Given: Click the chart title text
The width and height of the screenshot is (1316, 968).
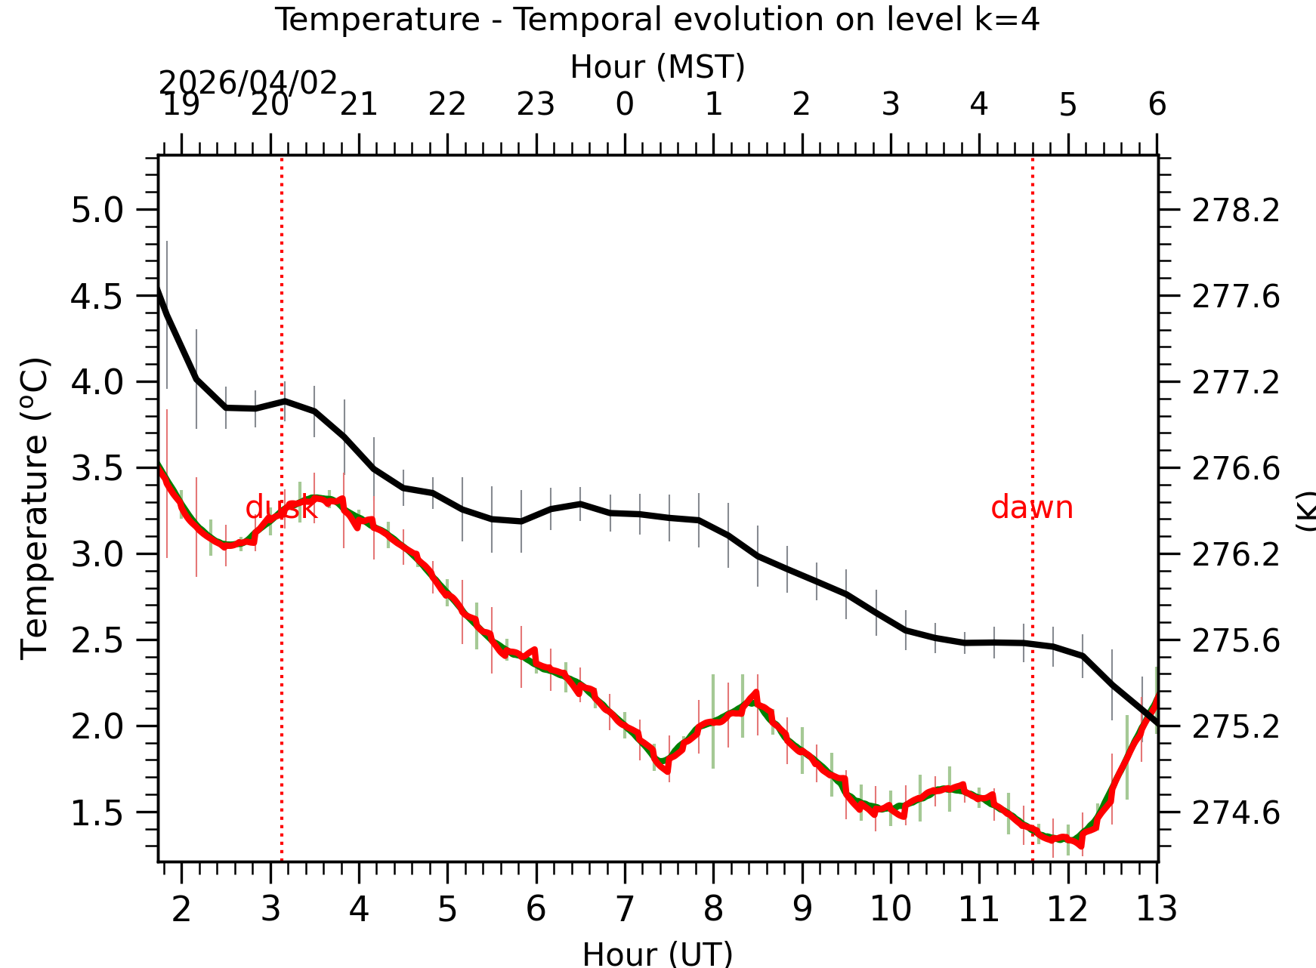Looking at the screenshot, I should pyautogui.click(x=656, y=20).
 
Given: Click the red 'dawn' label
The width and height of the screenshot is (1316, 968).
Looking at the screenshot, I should pyautogui.click(x=1031, y=507).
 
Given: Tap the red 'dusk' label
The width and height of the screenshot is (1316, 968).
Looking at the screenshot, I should pyautogui.click(x=281, y=507).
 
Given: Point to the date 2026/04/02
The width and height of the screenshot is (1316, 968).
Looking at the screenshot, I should pyautogui.click(x=248, y=83).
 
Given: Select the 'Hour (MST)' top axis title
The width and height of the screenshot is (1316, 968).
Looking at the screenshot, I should pyautogui.click(x=657, y=67).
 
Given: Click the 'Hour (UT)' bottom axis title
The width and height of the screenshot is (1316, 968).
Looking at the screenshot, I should pyautogui.click(x=657, y=954).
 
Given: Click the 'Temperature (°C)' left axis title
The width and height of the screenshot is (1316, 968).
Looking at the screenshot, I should pyautogui.click(x=35, y=508).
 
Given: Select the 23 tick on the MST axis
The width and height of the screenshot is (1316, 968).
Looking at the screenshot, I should pyautogui.click(x=536, y=104).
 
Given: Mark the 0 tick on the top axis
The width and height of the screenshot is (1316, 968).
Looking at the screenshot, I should pyautogui.click(x=625, y=104).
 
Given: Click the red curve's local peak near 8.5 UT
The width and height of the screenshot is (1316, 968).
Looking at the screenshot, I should pyautogui.click(x=755, y=693).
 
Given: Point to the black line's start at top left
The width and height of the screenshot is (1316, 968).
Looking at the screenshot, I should pyautogui.click(x=159, y=291).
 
